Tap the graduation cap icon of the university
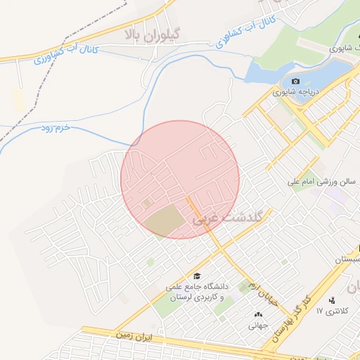[x=198, y=276]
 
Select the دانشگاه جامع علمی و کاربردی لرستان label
[x=198, y=292]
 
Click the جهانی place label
[x=255, y=326]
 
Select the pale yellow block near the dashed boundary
[x=19, y=101]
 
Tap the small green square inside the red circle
[x=147, y=203]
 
